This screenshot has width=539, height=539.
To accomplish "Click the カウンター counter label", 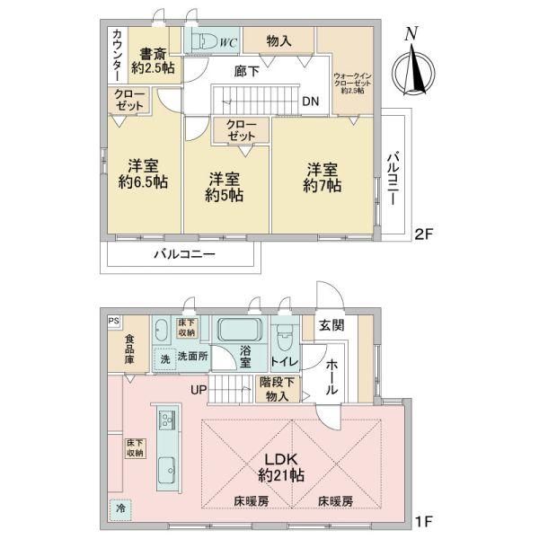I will [119, 53].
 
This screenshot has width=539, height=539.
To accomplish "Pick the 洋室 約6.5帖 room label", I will [143, 173].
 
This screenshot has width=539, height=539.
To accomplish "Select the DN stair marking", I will [309, 101].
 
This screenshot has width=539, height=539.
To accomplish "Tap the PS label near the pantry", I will [113, 319].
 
